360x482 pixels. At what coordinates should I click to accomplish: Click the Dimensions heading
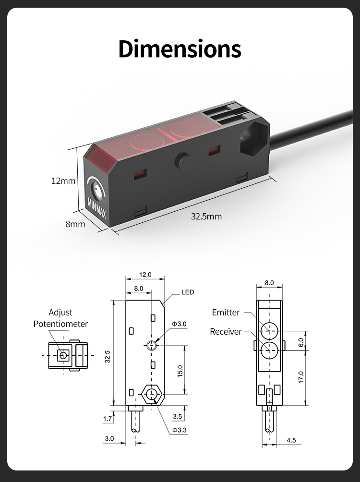(180, 49)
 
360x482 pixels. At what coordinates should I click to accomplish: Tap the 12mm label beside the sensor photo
(63, 181)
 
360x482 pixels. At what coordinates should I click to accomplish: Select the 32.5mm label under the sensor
(206, 217)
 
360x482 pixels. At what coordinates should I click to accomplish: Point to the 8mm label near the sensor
(75, 224)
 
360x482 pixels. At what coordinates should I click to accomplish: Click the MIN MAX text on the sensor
(96, 208)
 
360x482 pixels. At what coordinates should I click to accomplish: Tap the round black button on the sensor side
(184, 162)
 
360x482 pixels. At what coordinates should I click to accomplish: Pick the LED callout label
(188, 292)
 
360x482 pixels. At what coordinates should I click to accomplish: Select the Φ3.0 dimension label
(179, 324)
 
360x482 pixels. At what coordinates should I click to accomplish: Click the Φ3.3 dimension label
(179, 430)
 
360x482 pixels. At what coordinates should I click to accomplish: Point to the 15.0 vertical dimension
(180, 371)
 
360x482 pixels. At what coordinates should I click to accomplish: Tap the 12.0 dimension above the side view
(145, 274)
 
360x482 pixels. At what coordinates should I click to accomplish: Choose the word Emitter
(226, 313)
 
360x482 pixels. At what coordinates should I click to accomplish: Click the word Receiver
(226, 332)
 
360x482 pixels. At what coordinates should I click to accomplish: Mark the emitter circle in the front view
(269, 331)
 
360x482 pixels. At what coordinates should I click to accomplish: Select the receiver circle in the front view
(269, 350)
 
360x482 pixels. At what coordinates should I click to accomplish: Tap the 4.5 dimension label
(291, 440)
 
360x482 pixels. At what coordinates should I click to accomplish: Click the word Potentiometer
(60, 324)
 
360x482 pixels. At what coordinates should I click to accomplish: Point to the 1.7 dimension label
(108, 418)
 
